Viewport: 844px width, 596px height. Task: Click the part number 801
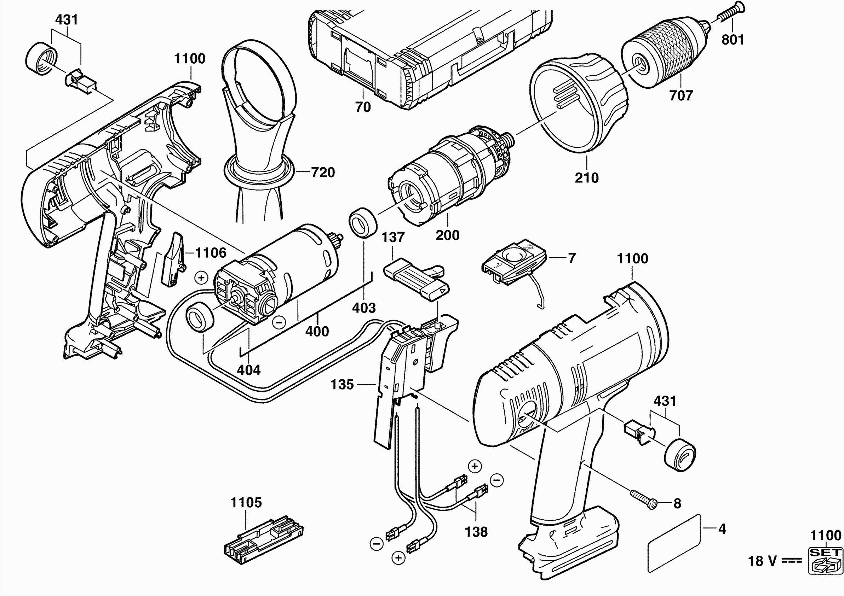[733, 40]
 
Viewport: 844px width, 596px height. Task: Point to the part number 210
[587, 178]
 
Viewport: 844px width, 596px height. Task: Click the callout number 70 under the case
[363, 107]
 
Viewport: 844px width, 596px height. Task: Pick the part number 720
[323, 172]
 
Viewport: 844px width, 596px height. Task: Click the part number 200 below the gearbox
[447, 235]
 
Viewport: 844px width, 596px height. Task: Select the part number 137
[393, 237]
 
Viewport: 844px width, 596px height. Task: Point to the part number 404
[248, 370]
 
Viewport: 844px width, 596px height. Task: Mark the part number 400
[317, 331]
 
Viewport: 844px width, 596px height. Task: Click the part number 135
[342, 385]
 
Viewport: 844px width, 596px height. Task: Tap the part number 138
[476, 532]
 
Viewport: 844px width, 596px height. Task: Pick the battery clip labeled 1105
[263, 539]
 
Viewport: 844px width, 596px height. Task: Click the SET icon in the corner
[825, 560]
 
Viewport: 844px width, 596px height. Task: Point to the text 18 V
[762, 561]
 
